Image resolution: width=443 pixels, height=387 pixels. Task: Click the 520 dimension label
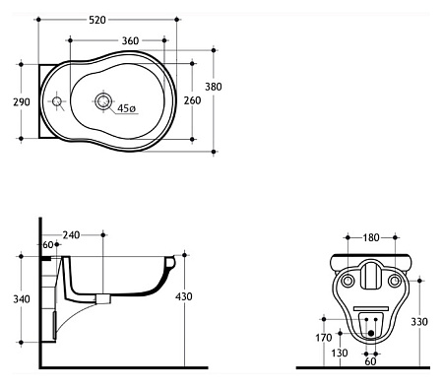click(97, 20)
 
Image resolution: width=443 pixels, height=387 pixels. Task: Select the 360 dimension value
click(130, 41)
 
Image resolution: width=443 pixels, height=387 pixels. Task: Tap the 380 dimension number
click(214, 87)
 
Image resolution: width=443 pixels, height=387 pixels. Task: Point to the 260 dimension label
click(192, 100)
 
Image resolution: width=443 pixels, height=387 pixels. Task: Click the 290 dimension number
click(22, 102)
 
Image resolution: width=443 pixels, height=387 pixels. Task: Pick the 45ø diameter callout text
click(126, 108)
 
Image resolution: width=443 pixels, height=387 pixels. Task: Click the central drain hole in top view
click(103, 100)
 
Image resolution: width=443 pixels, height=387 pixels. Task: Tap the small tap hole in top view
click(57, 101)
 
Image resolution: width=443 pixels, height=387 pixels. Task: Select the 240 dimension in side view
click(71, 235)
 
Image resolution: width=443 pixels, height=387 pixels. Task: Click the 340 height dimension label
click(22, 299)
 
